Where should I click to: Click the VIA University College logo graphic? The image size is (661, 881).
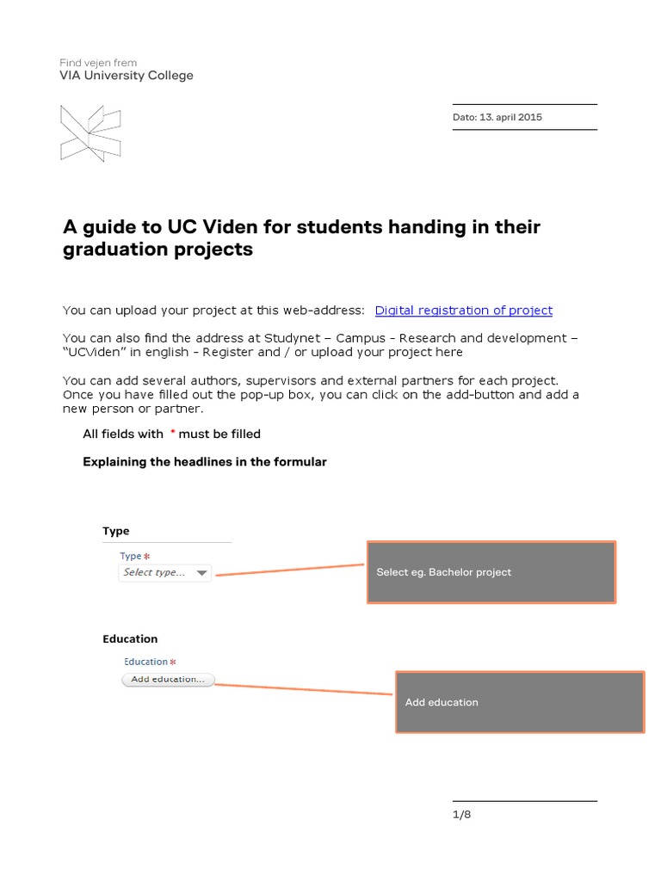click(90, 133)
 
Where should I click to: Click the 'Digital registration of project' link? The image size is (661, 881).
click(463, 311)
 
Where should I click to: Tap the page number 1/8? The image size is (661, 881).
click(461, 815)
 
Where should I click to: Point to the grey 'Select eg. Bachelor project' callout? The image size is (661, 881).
click(491, 572)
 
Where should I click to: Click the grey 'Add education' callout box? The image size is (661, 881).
click(519, 702)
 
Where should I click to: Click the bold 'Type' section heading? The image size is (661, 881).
click(116, 531)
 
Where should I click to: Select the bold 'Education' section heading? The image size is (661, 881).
click(130, 638)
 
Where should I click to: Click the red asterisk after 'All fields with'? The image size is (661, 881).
click(172, 433)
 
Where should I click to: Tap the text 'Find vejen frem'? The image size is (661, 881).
click(98, 63)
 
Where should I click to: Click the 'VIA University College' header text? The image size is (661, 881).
click(127, 76)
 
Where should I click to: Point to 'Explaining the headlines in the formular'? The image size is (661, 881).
click(205, 462)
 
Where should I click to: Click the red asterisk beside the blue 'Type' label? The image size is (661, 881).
click(146, 557)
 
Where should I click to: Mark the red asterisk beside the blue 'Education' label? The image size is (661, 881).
click(172, 662)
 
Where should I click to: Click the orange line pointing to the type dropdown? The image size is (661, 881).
click(289, 569)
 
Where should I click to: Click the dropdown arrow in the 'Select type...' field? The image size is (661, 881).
click(201, 573)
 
